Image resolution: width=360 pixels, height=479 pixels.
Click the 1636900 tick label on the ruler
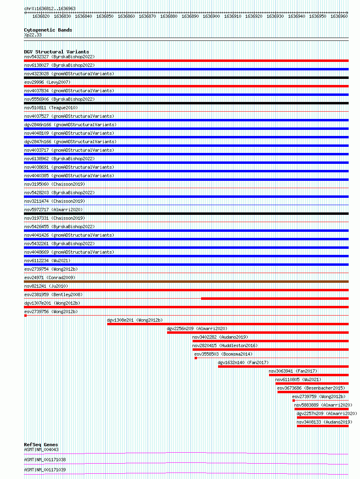(x=211, y=17)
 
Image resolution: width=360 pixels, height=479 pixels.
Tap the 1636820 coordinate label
(x=41, y=17)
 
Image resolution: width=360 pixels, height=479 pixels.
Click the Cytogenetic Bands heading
(x=48, y=30)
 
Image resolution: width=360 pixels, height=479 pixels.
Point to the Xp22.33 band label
(x=33, y=35)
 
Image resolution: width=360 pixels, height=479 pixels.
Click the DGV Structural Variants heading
(x=56, y=52)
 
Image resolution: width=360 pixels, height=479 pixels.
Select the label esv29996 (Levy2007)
(x=47, y=82)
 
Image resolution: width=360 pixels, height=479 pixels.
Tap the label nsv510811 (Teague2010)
(x=51, y=108)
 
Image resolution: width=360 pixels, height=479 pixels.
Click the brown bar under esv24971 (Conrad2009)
(x=186, y=282)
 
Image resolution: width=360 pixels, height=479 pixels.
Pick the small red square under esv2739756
(x=25, y=316)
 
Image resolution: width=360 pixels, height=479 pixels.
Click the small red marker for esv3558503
(x=196, y=358)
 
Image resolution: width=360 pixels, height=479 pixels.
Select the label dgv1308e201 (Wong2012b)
(x=134, y=320)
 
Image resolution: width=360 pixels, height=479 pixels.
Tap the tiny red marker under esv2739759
(x=294, y=401)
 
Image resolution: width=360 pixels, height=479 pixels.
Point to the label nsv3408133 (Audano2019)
(x=324, y=422)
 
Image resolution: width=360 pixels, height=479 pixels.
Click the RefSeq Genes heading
(x=41, y=445)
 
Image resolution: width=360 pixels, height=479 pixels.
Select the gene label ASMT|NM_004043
(x=41, y=449)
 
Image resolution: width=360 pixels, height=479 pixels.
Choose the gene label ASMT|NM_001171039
(x=45, y=470)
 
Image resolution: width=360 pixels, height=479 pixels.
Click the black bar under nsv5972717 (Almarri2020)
(x=186, y=214)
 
